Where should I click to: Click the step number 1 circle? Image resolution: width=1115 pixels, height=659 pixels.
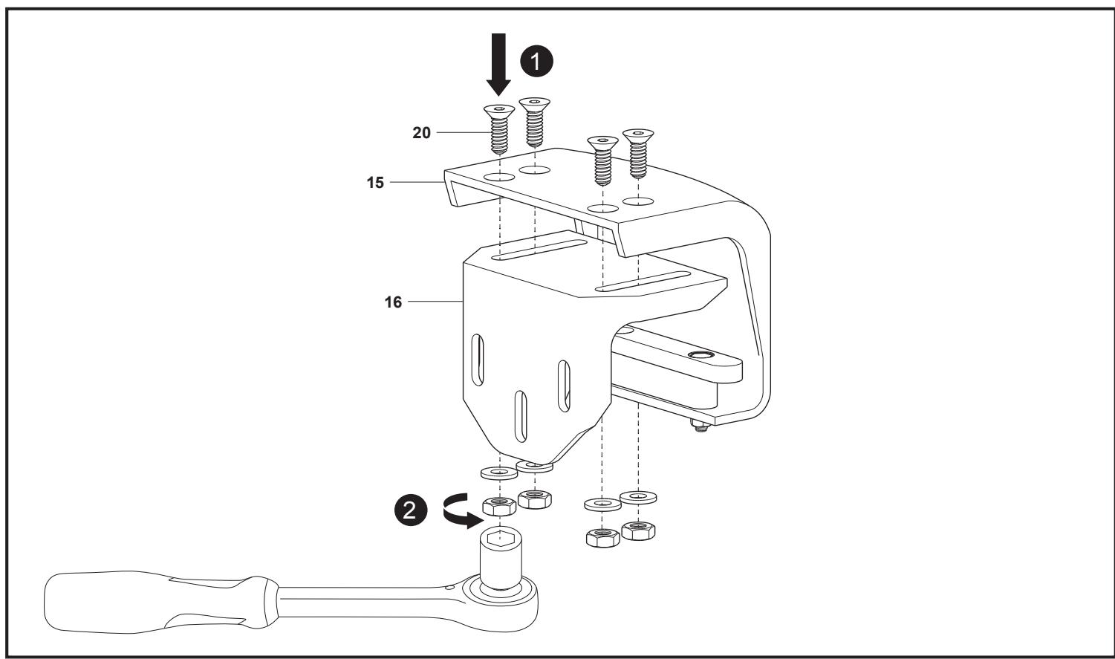(536, 61)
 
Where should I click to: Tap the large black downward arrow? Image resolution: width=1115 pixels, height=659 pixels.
(498, 64)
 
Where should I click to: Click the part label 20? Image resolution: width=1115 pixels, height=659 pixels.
(421, 133)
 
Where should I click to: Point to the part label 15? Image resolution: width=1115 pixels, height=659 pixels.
(375, 183)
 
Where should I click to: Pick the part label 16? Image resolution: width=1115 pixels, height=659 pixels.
(393, 302)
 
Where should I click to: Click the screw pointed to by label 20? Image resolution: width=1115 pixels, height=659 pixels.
(499, 129)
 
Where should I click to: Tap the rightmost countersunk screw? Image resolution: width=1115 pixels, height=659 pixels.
(638, 154)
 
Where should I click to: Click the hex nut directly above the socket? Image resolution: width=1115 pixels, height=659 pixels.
(499, 506)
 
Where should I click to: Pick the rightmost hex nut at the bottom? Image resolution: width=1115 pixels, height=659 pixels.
(638, 530)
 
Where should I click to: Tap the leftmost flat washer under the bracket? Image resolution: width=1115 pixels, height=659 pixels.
(499, 473)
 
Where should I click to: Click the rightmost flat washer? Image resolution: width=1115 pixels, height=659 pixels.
(638, 497)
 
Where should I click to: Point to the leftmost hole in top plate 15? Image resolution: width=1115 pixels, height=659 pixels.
(499, 177)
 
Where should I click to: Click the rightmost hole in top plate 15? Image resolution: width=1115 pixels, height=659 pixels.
(638, 201)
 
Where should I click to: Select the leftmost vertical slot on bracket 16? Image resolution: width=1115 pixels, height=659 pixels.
(478, 360)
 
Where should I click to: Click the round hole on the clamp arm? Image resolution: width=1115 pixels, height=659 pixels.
(700, 355)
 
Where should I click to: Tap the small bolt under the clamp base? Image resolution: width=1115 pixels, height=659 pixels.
(700, 426)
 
